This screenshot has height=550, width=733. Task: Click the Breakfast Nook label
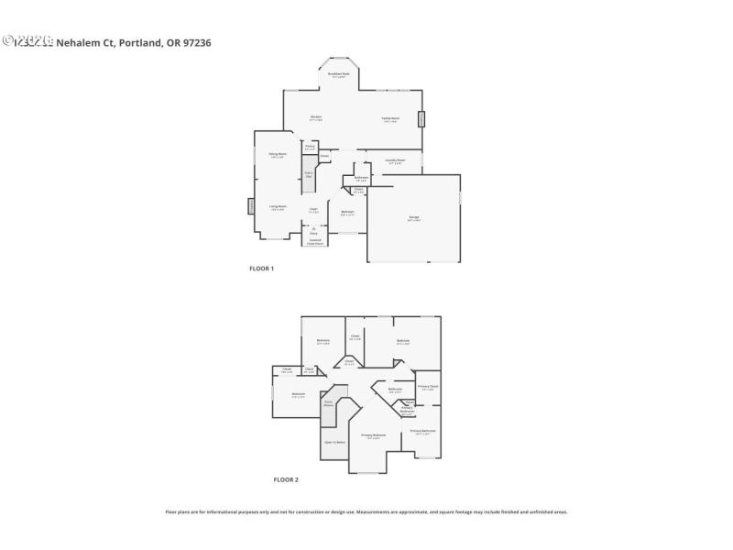(338, 74)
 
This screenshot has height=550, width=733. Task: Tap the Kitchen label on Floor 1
(315, 117)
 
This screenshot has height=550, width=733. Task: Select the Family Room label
(390, 118)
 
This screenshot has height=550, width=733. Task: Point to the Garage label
(414, 217)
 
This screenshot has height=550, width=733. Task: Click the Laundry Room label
(395, 161)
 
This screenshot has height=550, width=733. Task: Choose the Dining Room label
(278, 154)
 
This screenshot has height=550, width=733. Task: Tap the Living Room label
(278, 207)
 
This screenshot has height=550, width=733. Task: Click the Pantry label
(310, 146)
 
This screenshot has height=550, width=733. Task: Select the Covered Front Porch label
(314, 242)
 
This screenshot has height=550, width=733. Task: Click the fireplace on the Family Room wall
(422, 119)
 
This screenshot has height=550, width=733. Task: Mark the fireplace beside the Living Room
(250, 206)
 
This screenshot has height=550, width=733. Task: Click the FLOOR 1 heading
(262, 269)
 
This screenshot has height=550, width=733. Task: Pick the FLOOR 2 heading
(286, 479)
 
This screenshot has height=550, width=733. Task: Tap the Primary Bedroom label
(373, 435)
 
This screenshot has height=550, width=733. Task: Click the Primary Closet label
(428, 387)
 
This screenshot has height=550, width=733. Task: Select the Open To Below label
(334, 442)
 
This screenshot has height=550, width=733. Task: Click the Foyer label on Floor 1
(313, 211)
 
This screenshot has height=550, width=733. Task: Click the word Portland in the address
(140, 42)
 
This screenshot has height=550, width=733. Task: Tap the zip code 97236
(197, 42)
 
